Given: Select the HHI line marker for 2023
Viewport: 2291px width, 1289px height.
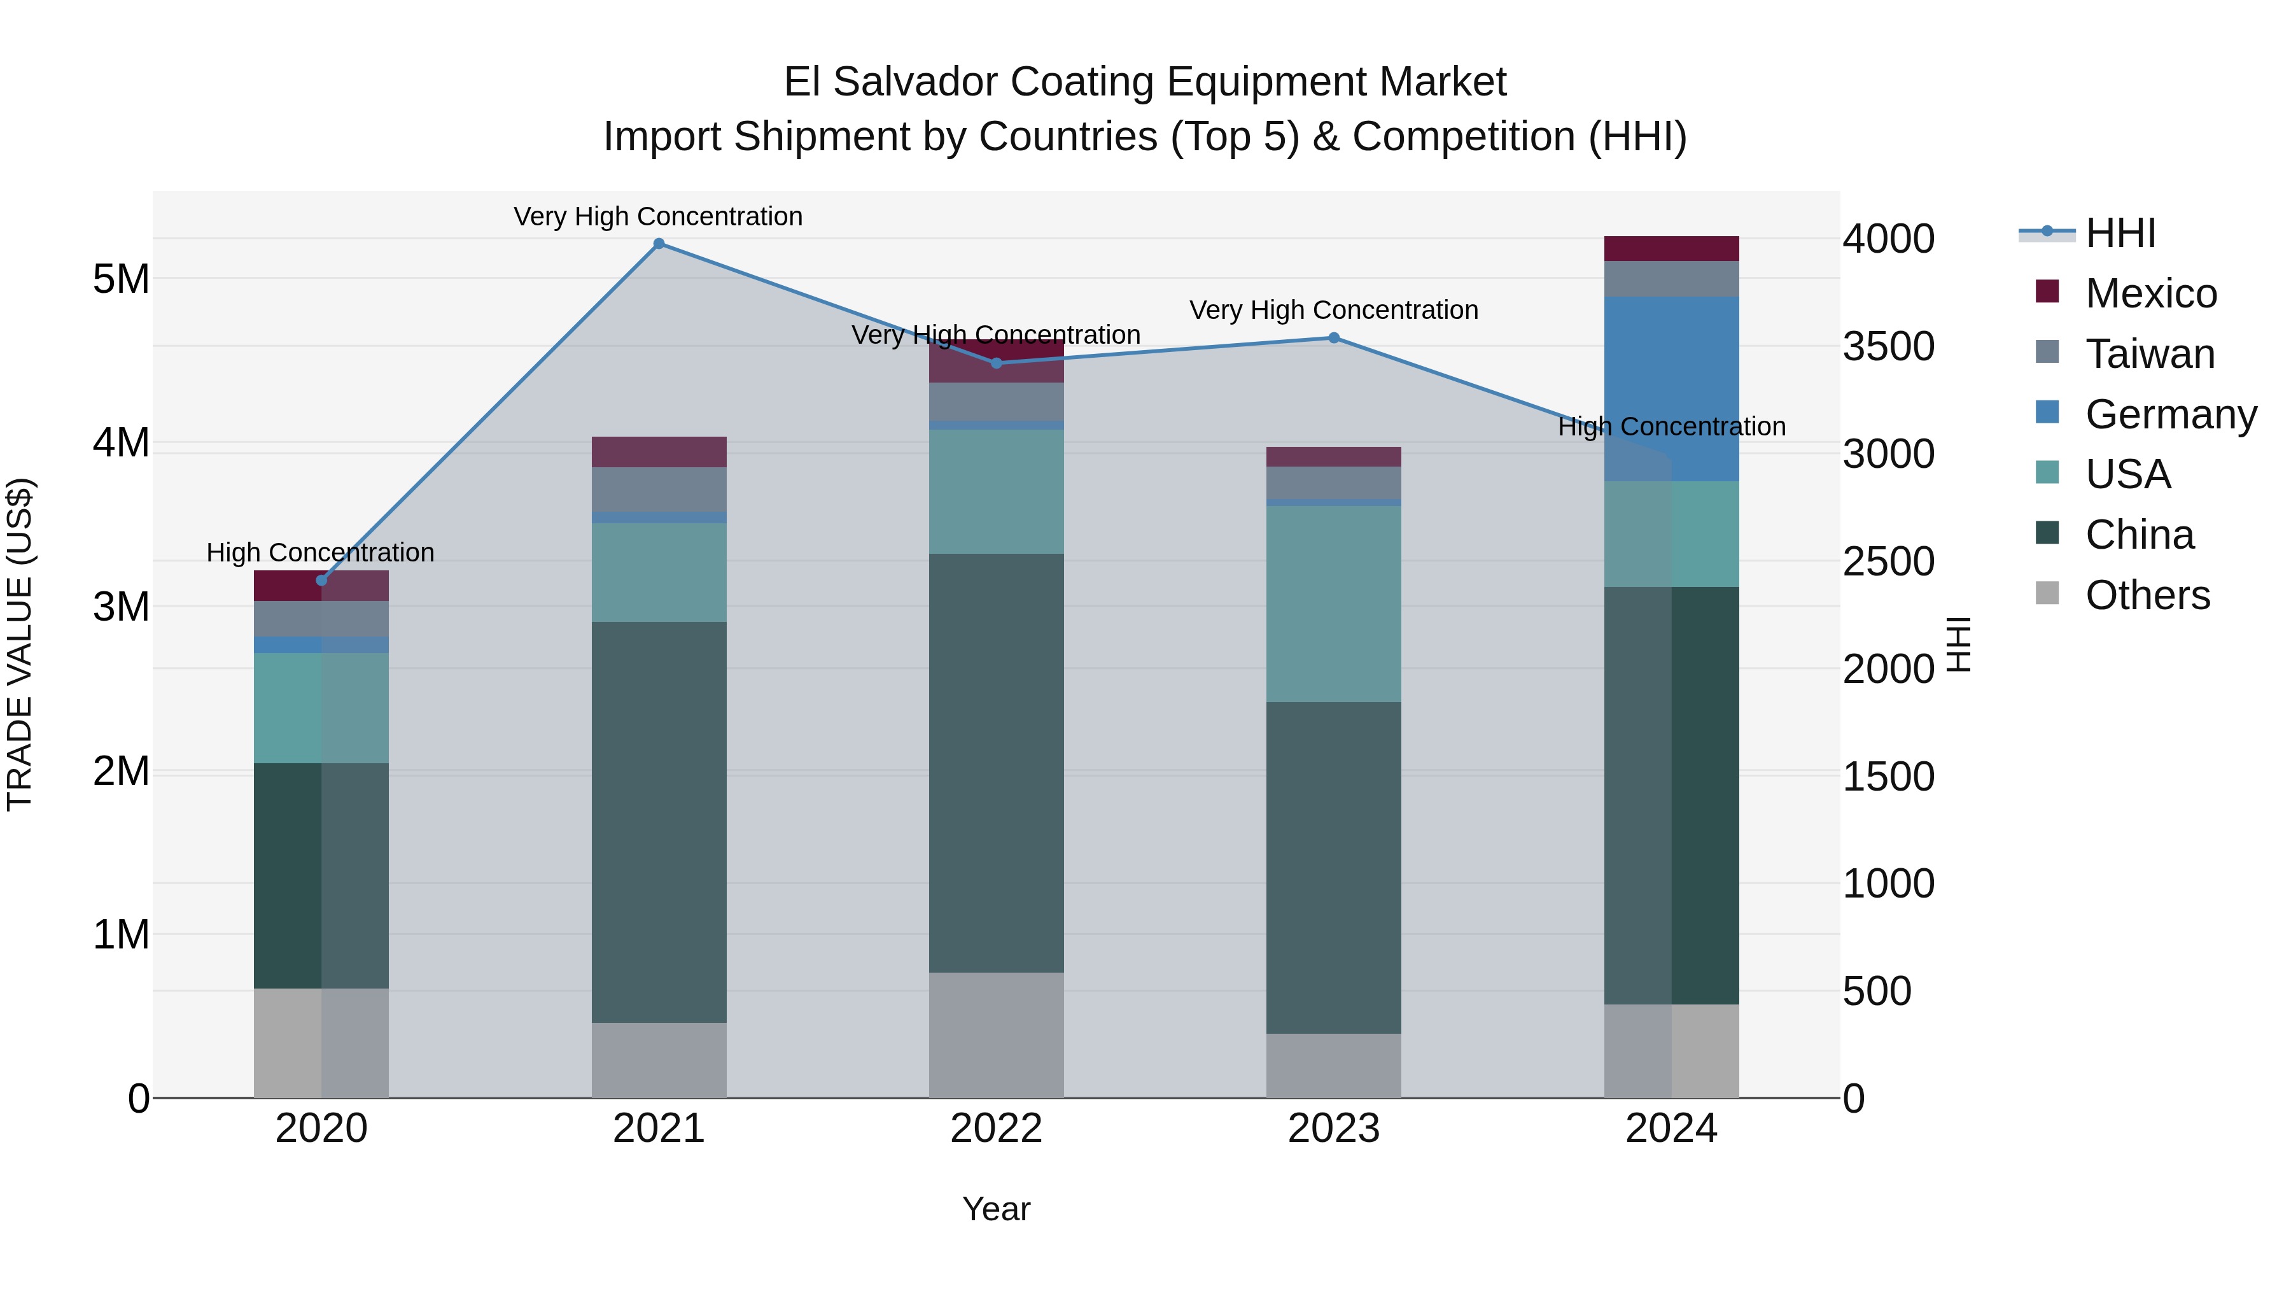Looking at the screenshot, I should coord(1333,338).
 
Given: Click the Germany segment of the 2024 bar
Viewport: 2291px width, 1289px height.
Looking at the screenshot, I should coord(1671,389).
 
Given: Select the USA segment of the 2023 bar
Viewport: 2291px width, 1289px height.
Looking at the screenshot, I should coord(1333,604).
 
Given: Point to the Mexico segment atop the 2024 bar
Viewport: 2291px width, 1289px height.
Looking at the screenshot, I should coord(1671,249).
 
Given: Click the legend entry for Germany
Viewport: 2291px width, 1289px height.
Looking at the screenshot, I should coord(2170,414).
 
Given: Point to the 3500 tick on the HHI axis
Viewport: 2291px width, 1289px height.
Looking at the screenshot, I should coord(1888,346).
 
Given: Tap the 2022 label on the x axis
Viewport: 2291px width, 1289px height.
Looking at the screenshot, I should coord(996,1129).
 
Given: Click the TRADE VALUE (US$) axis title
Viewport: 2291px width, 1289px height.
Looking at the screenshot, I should coord(20,645).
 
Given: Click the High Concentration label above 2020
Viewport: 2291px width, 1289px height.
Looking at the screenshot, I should coord(320,553).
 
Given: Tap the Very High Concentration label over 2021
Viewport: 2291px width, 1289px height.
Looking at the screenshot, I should coord(658,217).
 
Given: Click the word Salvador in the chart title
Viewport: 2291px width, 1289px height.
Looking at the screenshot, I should coord(915,82).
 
